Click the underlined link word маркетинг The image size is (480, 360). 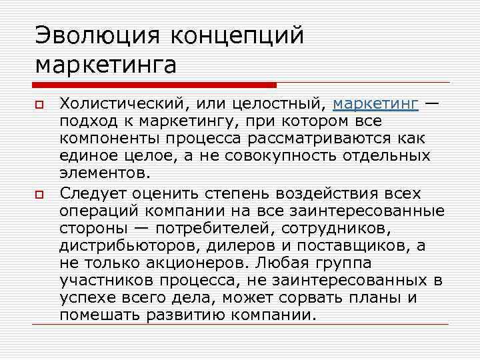click(x=375, y=105)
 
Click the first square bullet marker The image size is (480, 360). click(x=40, y=105)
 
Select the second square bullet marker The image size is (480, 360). click(x=40, y=194)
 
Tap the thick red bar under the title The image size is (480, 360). click(x=154, y=85)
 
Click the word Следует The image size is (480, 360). click(x=93, y=193)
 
